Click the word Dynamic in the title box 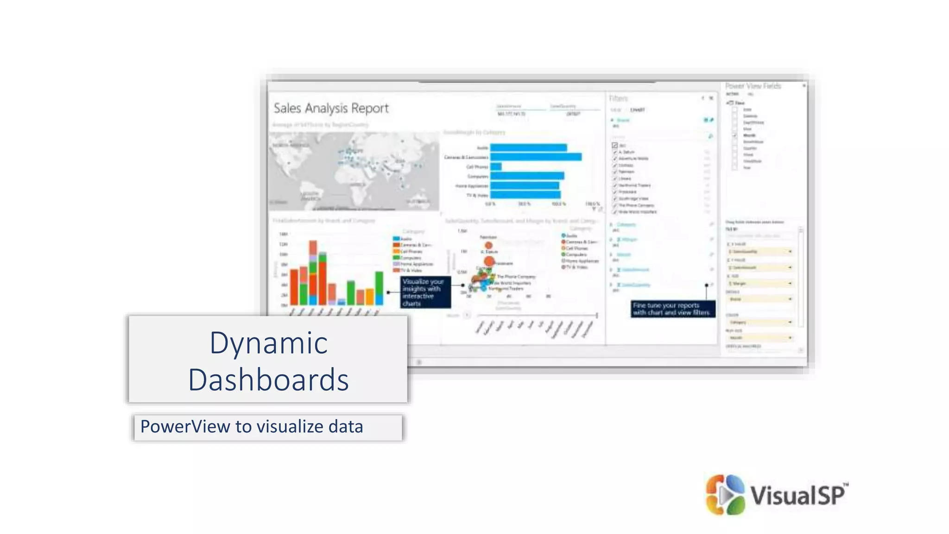pyautogui.click(x=268, y=343)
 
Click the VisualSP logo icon pyautogui.click(x=725, y=495)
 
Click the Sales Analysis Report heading pyautogui.click(x=331, y=108)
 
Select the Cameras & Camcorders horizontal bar pyautogui.click(x=536, y=157)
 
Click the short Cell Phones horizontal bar pyautogui.click(x=496, y=166)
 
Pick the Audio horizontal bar pyautogui.click(x=528, y=147)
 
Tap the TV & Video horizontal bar pyautogui.click(x=525, y=195)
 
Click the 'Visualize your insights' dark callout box pyautogui.click(x=425, y=292)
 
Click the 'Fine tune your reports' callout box pyautogui.click(x=673, y=309)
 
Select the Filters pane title pyautogui.click(x=618, y=98)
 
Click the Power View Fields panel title pyautogui.click(x=753, y=86)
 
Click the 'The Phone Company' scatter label pyautogui.click(x=516, y=277)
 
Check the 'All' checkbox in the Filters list pyautogui.click(x=615, y=146)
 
